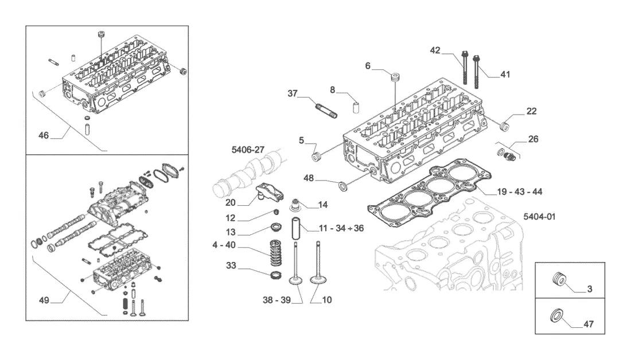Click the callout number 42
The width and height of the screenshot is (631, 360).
(435, 50)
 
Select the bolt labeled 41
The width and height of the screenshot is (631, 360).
(477, 72)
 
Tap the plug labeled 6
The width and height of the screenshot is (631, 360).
(396, 77)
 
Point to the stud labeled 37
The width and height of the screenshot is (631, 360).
(326, 111)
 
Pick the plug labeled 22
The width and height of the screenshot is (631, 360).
(504, 126)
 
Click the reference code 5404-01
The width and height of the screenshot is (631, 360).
(539, 217)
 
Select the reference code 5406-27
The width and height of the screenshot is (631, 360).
(248, 150)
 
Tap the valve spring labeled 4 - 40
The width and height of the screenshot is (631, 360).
(275, 253)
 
